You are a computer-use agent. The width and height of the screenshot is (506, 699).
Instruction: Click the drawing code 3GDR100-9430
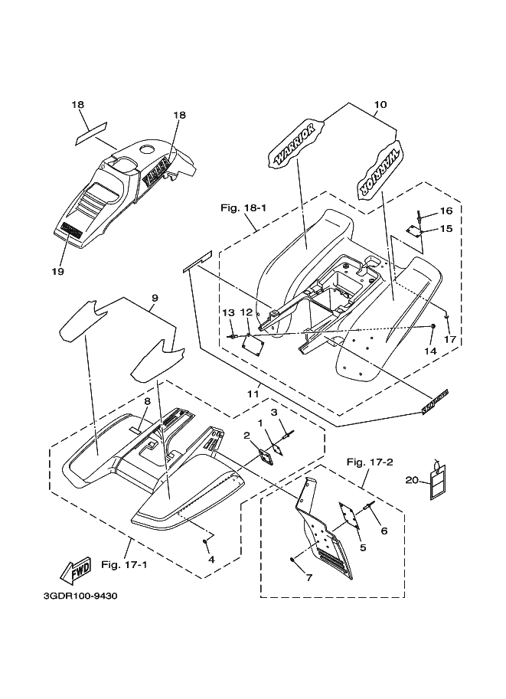(80, 594)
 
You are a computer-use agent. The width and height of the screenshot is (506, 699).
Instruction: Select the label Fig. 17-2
(370, 462)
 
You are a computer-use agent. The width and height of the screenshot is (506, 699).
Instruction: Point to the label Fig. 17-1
(123, 565)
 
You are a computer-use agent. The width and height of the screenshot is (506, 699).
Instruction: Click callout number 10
(380, 105)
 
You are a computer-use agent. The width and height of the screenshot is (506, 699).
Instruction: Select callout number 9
(154, 298)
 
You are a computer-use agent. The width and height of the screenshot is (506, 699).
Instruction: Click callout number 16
(446, 211)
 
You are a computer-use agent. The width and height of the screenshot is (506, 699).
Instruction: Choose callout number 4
(211, 558)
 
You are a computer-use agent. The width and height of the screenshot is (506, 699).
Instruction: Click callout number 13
(227, 312)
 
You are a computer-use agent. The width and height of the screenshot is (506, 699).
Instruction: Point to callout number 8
(147, 401)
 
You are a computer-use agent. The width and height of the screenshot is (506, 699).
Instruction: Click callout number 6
(384, 531)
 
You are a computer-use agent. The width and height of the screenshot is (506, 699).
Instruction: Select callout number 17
(450, 338)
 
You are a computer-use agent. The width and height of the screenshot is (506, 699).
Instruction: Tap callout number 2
(246, 435)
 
